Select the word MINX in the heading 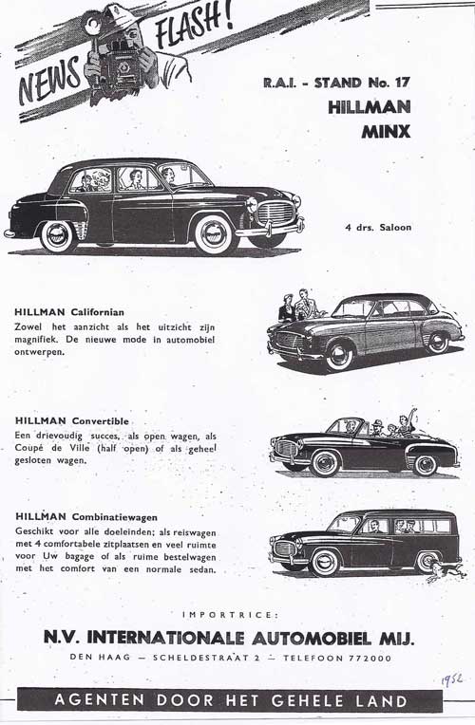(x=387, y=132)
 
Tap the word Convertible (x=104, y=419)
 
